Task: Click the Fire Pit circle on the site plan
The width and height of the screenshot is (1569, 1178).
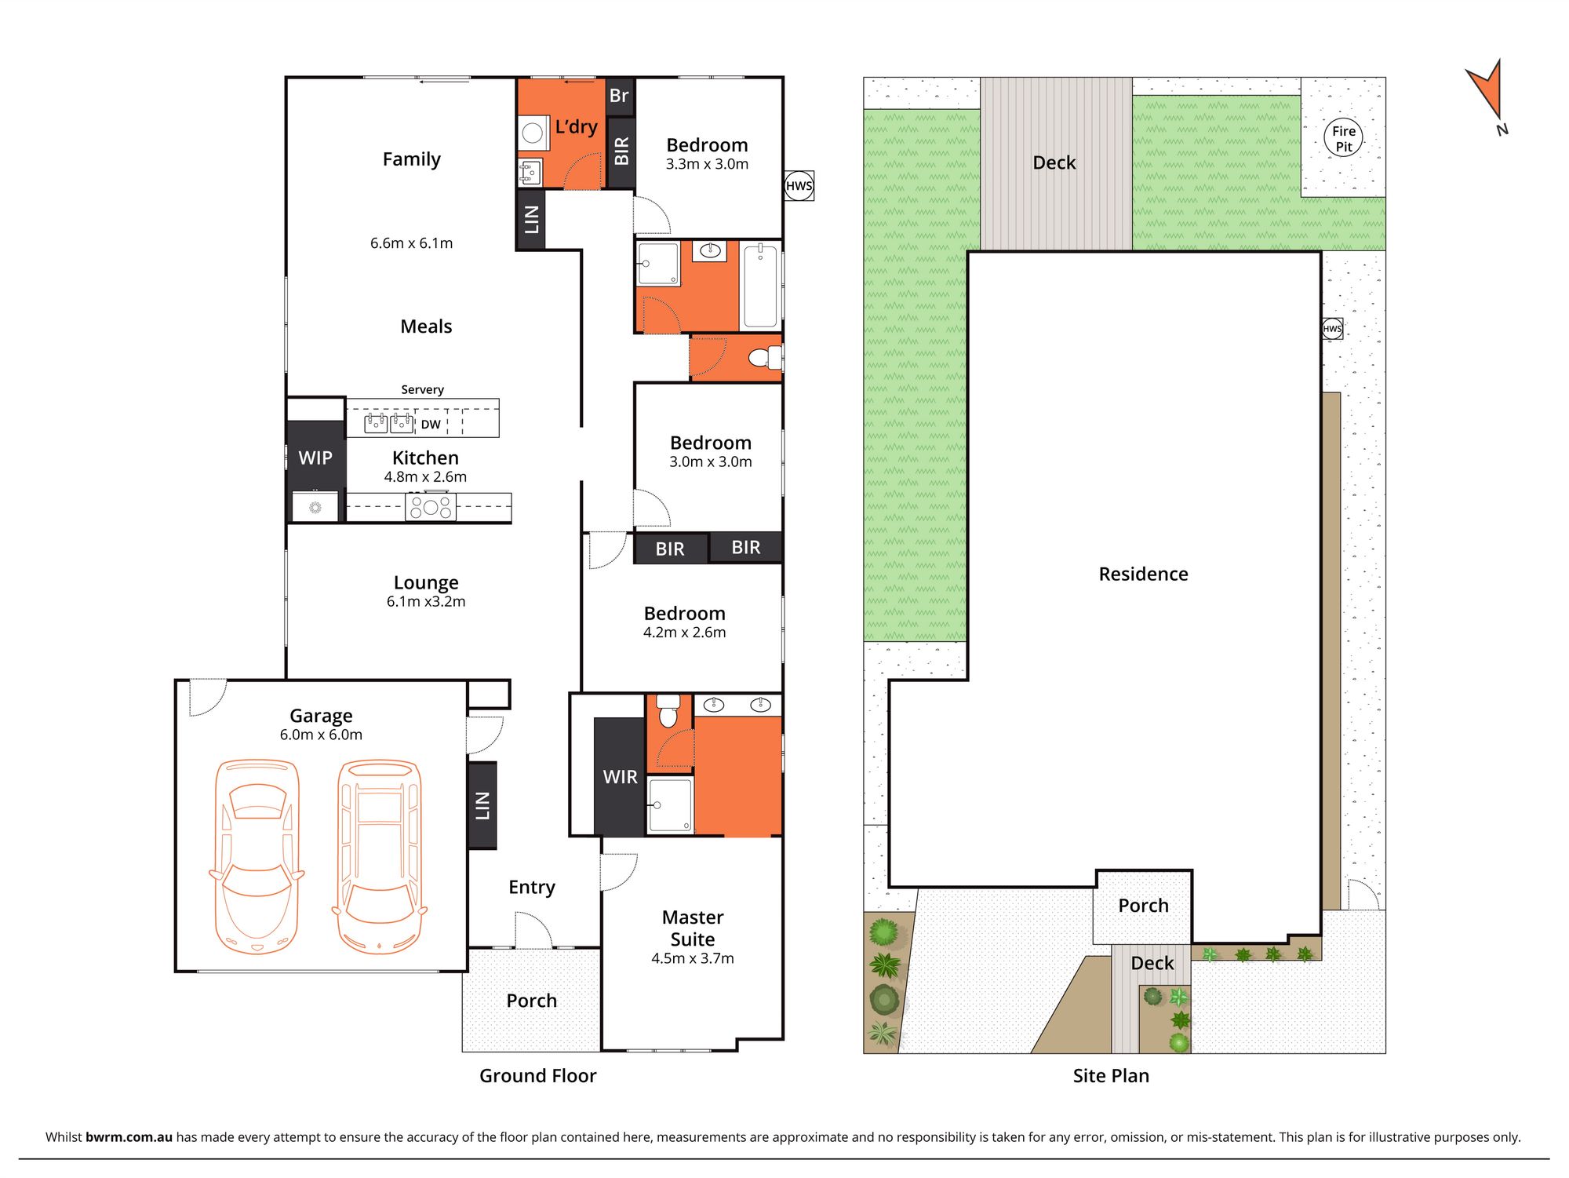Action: [x=1344, y=138]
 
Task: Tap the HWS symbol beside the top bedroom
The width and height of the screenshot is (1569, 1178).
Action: [x=799, y=186]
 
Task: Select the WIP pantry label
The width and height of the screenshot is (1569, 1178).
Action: [x=315, y=458]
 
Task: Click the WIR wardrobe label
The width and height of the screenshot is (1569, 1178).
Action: [x=620, y=777]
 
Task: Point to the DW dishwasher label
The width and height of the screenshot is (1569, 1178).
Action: [x=431, y=425]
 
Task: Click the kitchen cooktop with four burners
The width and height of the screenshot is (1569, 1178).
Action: [x=431, y=507]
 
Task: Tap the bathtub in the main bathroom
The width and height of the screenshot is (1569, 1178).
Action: [x=760, y=286]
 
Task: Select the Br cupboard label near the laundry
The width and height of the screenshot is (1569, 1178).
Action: [x=619, y=96]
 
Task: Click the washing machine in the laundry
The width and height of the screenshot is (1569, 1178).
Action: [x=533, y=133]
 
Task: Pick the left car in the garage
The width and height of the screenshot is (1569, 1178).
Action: [x=257, y=856]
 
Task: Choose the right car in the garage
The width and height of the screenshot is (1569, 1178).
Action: [x=380, y=856]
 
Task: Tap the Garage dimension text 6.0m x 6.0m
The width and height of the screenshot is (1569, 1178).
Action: [x=321, y=735]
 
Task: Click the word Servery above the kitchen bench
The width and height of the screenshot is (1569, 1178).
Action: [x=422, y=389]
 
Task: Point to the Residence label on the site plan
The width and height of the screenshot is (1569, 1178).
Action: [x=1143, y=574]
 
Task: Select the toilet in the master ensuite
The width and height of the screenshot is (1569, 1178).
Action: [x=668, y=710]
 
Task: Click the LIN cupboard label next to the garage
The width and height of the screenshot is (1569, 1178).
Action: [x=482, y=806]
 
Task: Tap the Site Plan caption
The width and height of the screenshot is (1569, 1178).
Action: [x=1111, y=1076]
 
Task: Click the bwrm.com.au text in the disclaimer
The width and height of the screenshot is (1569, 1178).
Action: [x=129, y=1137]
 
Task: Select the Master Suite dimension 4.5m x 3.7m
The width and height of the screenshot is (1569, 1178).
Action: [x=693, y=958]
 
